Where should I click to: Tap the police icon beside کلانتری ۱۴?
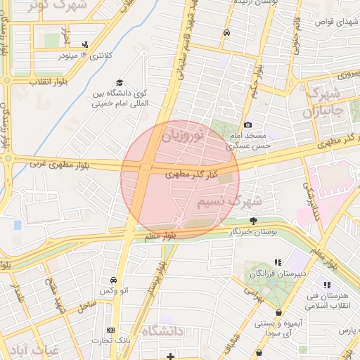[86, 44]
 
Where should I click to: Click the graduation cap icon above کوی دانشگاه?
[119, 82]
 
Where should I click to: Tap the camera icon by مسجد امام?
[247, 124]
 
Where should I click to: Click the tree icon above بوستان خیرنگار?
[243, 221]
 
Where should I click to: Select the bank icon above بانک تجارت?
[110, 330]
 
